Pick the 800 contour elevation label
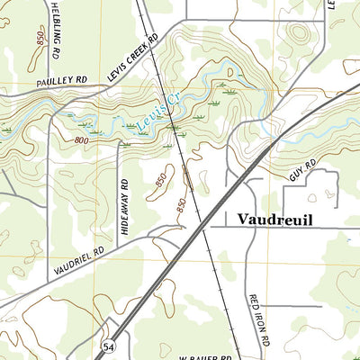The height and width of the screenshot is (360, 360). [x=83, y=140]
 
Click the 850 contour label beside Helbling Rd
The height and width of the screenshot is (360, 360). [x=39, y=40]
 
